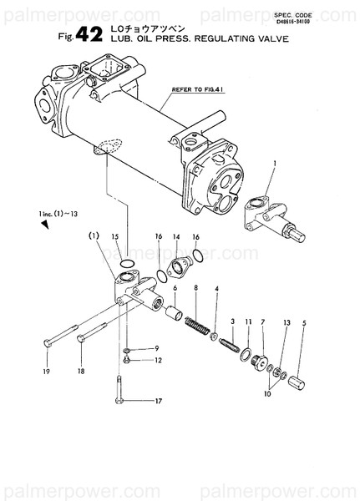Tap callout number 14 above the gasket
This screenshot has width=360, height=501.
pos(176,237)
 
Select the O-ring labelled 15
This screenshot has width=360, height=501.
pos(125,265)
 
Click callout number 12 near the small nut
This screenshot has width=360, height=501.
pos(157,361)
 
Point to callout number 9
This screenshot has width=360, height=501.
pos(157,347)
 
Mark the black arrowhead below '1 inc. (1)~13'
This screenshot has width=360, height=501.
pos(45,225)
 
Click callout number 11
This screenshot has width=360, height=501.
pos(248,321)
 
